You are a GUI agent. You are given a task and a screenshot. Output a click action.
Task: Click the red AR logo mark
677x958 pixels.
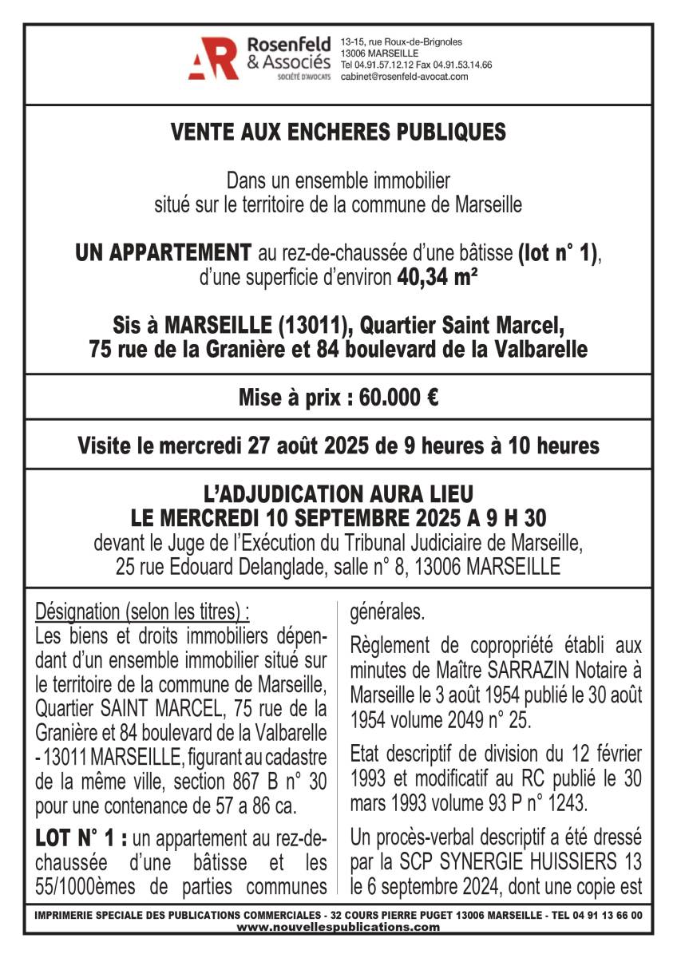tap(213, 58)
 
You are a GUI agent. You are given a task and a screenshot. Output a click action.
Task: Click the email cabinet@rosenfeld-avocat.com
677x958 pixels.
tap(404, 77)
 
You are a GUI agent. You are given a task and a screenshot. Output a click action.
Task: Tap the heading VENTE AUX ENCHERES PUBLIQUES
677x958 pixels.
tap(338, 133)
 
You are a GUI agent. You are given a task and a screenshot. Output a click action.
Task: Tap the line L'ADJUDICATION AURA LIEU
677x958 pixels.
tap(338, 494)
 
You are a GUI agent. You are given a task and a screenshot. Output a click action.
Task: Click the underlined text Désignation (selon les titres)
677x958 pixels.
tap(142, 612)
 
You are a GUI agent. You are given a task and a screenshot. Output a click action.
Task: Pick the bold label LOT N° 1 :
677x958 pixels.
tap(82, 839)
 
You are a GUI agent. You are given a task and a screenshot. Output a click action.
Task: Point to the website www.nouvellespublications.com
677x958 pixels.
tap(338, 927)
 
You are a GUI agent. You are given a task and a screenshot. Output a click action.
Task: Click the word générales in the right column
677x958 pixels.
tap(388, 613)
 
